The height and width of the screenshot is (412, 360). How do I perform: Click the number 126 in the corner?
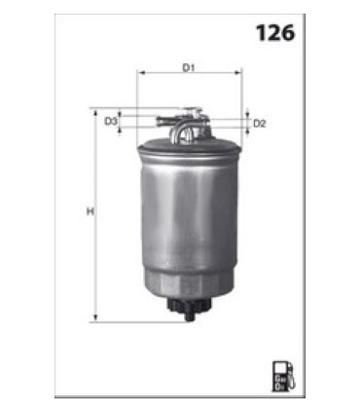[x=275, y=32]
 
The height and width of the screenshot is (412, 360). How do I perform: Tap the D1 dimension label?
[x=190, y=67]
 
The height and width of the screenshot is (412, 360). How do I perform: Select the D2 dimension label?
[x=260, y=124]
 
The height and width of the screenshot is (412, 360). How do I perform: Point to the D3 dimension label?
[x=111, y=121]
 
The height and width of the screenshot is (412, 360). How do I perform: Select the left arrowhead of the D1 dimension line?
[x=141, y=74]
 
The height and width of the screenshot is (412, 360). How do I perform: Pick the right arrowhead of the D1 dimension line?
[x=238, y=74]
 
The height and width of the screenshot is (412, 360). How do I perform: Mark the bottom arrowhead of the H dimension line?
[x=95, y=318]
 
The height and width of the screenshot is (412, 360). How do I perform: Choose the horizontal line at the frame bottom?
[x=179, y=395]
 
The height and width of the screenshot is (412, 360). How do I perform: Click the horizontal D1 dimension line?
[x=190, y=74]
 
